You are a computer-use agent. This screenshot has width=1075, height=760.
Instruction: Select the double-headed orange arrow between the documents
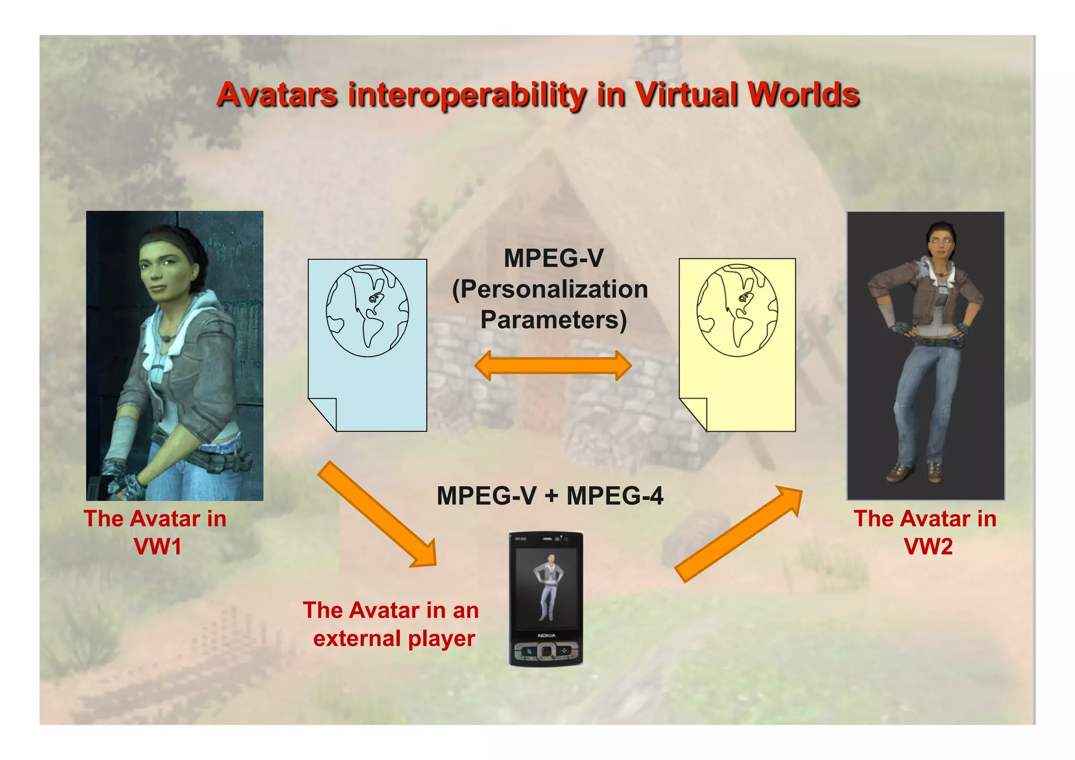coord(553,366)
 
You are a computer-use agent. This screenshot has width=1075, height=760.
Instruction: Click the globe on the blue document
coord(367,311)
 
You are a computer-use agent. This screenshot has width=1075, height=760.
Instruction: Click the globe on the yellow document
coord(737,310)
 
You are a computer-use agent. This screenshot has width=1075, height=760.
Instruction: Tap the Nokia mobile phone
coord(546,599)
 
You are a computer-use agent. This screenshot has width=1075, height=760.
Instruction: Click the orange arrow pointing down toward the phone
coord(377,515)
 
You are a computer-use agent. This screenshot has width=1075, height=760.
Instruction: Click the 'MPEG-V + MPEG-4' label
coord(550,496)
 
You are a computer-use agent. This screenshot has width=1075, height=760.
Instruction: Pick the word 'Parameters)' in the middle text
coord(553,319)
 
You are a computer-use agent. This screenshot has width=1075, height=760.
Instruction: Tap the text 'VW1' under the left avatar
coord(157,546)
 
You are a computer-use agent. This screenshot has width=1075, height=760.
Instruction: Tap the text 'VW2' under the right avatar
coord(928,546)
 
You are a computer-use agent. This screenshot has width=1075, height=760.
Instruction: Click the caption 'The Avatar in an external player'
coord(392,624)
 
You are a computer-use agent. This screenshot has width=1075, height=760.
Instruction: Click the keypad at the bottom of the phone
coord(546,652)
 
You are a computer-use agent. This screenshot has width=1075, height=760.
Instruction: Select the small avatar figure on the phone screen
coord(547,586)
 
